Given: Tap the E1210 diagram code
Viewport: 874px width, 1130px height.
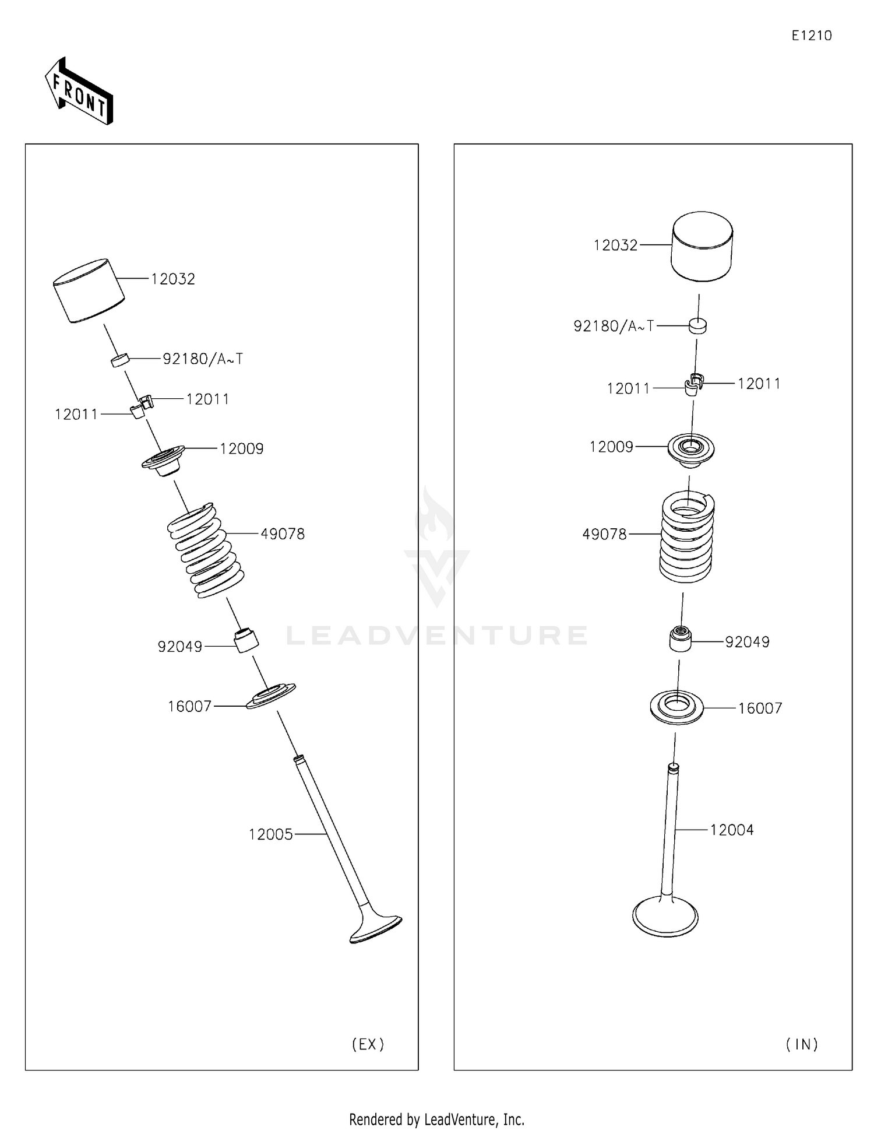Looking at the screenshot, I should [811, 36].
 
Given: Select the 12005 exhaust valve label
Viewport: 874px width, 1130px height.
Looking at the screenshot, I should [270, 834].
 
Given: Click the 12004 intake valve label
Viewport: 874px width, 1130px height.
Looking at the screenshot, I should [731, 830].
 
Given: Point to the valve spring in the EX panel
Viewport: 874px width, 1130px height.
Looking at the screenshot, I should [205, 550].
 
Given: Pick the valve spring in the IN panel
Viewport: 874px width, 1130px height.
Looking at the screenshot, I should [687, 537].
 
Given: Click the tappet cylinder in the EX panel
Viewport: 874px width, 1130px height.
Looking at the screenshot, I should [89, 290].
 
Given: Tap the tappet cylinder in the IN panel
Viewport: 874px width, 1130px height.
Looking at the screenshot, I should [702, 246].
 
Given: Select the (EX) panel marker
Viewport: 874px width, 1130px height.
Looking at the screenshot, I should [368, 1044].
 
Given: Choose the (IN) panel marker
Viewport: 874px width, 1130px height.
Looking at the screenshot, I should [802, 1044].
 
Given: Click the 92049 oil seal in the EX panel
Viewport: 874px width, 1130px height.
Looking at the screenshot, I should [246, 640].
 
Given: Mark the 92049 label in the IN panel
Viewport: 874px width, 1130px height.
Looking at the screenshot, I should [747, 642].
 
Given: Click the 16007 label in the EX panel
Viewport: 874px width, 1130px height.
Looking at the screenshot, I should [189, 707].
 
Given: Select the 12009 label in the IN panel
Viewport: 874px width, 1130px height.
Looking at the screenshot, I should [611, 447].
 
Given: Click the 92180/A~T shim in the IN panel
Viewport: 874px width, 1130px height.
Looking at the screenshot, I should [697, 326].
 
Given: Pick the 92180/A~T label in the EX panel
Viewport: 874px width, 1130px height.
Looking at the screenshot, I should [203, 359].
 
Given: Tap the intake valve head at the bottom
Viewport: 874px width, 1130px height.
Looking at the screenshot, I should [665, 917].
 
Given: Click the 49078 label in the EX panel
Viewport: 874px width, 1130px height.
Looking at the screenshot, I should [282, 534].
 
